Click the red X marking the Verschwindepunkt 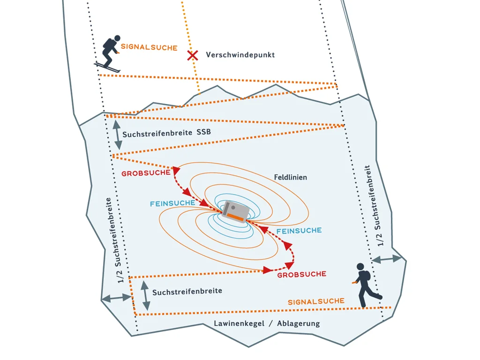click(192, 55)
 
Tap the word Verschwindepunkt click(240, 55)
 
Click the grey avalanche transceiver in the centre click(233, 210)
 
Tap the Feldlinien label click(290, 178)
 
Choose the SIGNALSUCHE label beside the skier click(149, 47)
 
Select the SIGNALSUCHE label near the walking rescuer click(316, 301)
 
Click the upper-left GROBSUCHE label click(145, 173)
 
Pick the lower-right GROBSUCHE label click(301, 274)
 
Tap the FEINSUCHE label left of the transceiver click(172, 203)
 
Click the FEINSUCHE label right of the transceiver click(299, 231)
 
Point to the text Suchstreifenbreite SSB click(166, 133)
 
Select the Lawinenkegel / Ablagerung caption click(267, 323)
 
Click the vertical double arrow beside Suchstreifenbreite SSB click(116, 135)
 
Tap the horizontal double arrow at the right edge click(387, 259)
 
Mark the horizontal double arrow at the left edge click(116, 298)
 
